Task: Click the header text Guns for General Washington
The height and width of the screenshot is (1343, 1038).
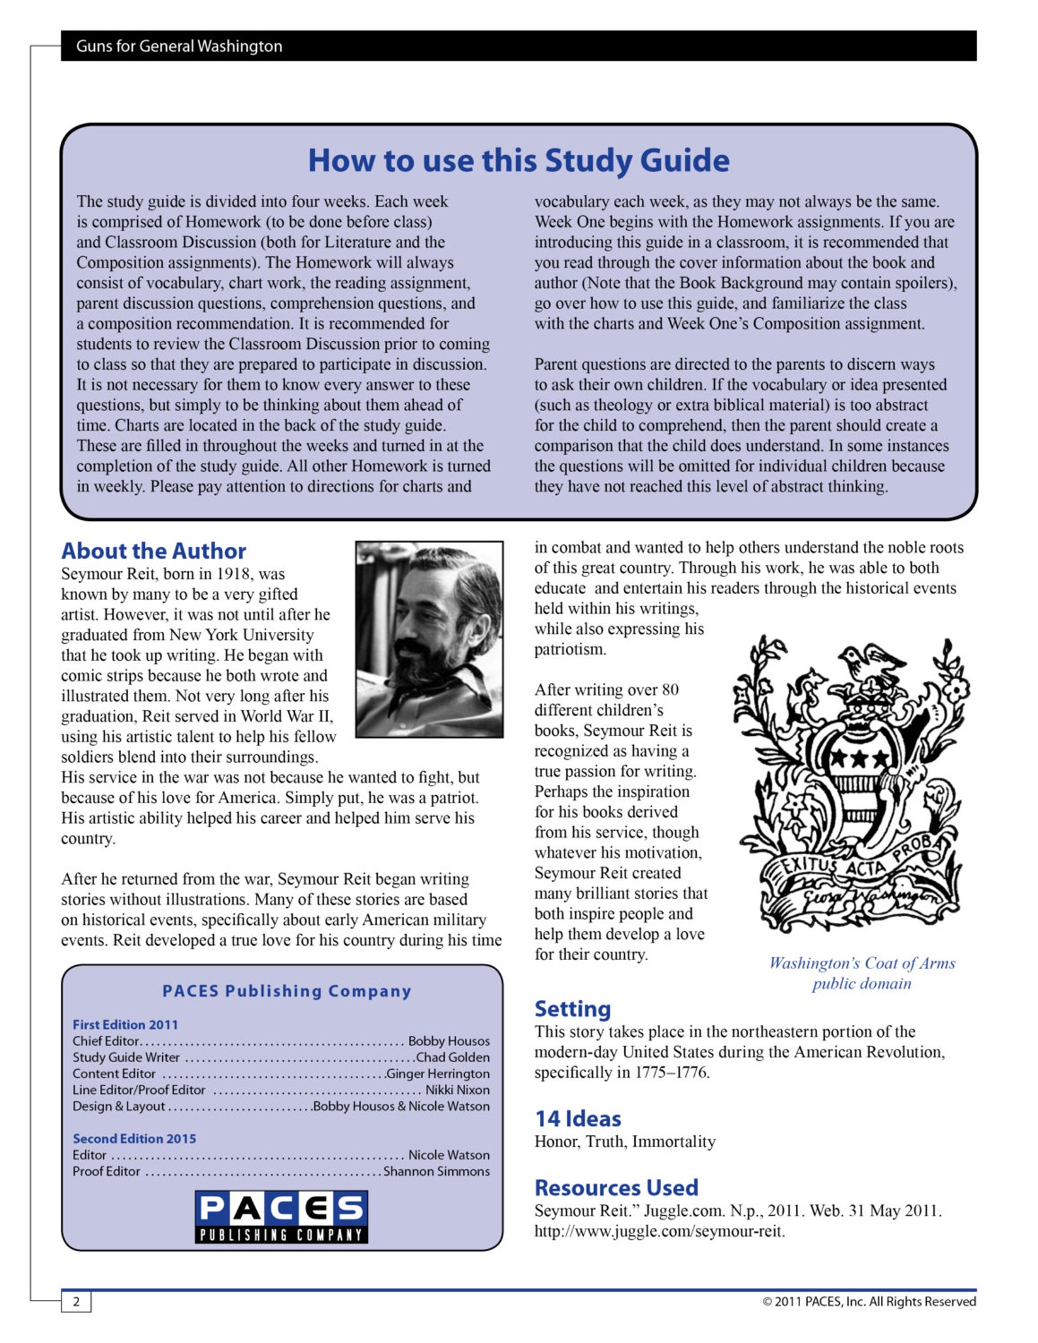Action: pyautogui.click(x=179, y=46)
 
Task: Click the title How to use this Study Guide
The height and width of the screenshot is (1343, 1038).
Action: pyautogui.click(x=518, y=161)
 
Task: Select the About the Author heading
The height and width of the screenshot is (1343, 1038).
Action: pyautogui.click(x=154, y=551)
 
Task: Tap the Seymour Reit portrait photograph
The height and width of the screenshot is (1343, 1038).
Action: pyautogui.click(x=429, y=639)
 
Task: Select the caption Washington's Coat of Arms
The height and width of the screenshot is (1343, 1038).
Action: pyautogui.click(x=862, y=963)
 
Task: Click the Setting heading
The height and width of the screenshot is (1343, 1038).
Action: pyautogui.click(x=573, y=1008)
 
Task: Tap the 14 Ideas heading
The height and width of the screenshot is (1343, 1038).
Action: pyautogui.click(x=578, y=1119)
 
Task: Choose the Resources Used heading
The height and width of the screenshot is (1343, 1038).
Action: pyautogui.click(x=616, y=1187)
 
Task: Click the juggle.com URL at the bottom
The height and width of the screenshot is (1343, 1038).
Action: pyautogui.click(x=660, y=1231)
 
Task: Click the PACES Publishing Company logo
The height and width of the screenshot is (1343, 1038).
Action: pyautogui.click(x=281, y=1216)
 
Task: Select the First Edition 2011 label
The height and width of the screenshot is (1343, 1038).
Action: pyautogui.click(x=125, y=1025)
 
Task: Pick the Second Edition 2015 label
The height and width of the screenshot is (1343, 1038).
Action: pyautogui.click(x=134, y=1138)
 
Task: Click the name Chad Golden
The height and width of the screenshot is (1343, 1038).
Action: pyautogui.click(x=452, y=1057)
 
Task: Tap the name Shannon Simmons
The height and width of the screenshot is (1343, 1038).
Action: pyautogui.click(x=436, y=1171)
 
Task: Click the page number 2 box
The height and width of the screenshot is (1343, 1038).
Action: pyautogui.click(x=76, y=1301)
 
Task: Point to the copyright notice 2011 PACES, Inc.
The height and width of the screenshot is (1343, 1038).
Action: pyautogui.click(x=869, y=1301)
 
